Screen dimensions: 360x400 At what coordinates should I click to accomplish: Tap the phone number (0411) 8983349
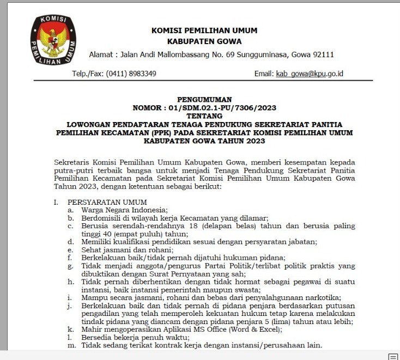131,74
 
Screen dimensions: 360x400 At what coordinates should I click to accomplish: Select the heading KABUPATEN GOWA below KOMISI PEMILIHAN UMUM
204,41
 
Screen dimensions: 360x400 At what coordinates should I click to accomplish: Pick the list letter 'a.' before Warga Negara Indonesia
71,210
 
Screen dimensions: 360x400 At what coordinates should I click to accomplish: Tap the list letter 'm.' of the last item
71,345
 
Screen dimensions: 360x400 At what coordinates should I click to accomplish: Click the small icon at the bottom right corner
392,356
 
